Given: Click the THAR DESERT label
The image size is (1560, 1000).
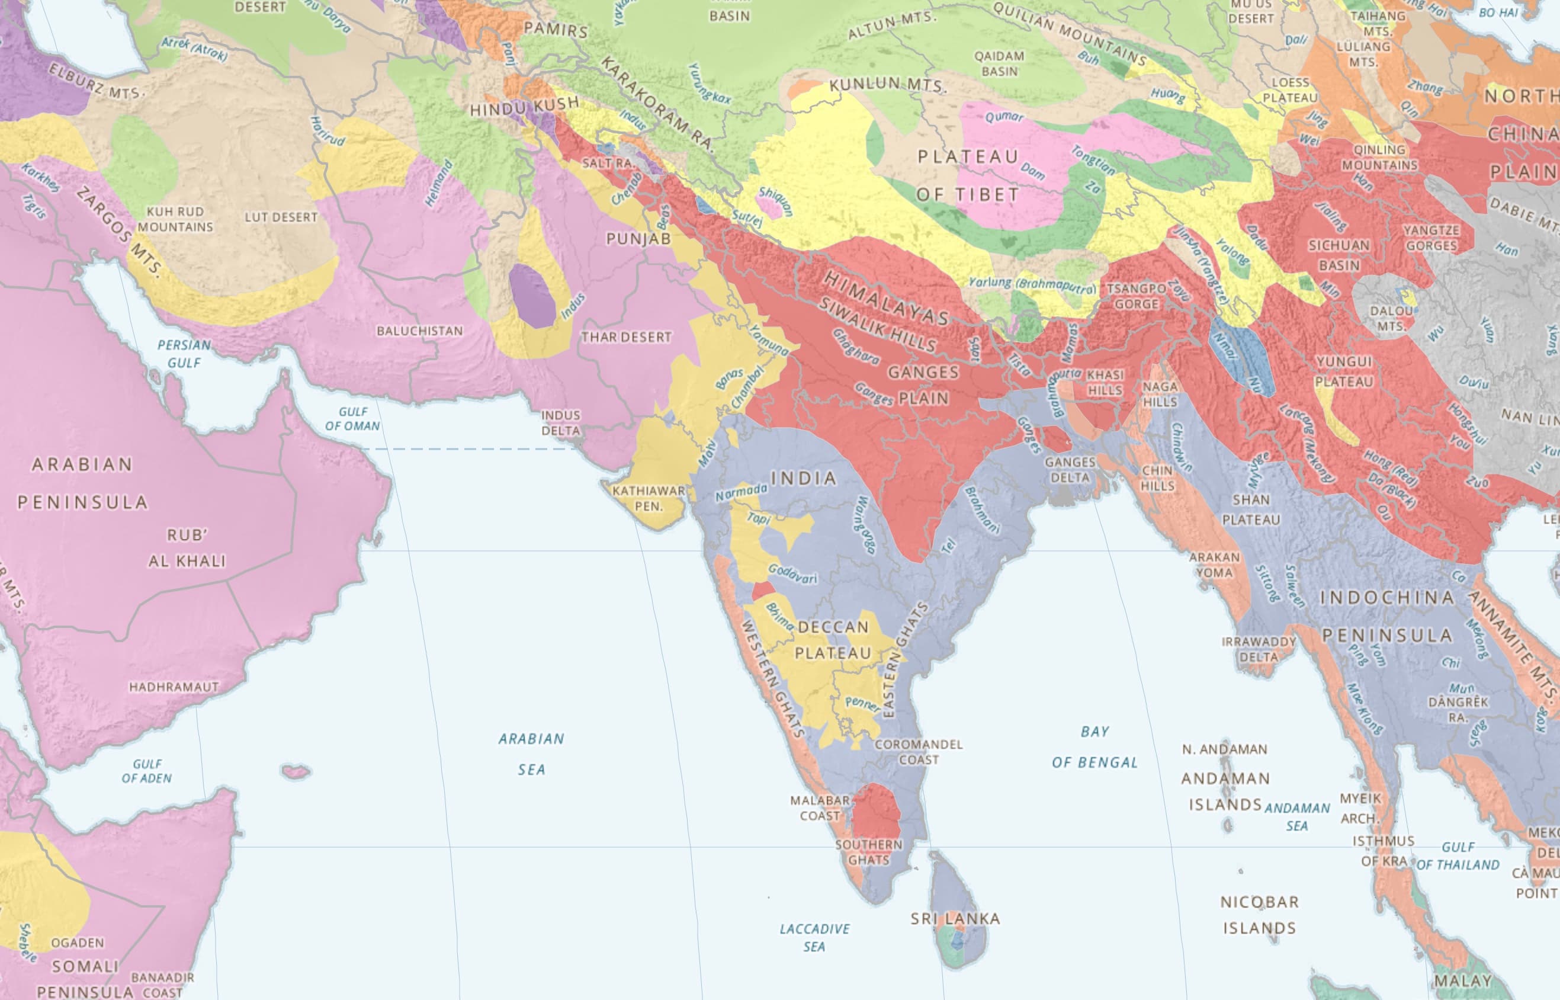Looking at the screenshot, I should tap(626, 337).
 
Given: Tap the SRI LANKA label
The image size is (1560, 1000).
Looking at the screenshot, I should tap(955, 918).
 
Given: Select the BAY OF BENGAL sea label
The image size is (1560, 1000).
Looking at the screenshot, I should tap(1094, 747).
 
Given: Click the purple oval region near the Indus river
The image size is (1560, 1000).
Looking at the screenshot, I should tap(531, 296).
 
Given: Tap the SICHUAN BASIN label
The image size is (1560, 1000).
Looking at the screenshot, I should tap(1338, 255).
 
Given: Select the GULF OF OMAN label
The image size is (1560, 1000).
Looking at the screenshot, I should tap(352, 419).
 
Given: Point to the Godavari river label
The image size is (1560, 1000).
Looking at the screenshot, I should tap(792, 573).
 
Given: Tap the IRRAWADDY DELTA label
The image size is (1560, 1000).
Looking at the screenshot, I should tap(1259, 649).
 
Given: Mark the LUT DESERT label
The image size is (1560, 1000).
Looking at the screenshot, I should tap(281, 217).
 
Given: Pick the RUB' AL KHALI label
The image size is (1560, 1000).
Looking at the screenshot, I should tap(187, 548).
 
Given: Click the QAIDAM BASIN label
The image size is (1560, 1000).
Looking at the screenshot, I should tap(999, 63).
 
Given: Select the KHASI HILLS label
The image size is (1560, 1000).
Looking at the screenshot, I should tap(1105, 383).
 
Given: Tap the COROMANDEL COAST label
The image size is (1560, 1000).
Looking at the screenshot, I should tap(918, 751).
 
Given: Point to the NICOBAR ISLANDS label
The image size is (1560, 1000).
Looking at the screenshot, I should tap(1259, 914).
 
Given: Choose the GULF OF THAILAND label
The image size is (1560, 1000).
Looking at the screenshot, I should tap(1458, 856).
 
